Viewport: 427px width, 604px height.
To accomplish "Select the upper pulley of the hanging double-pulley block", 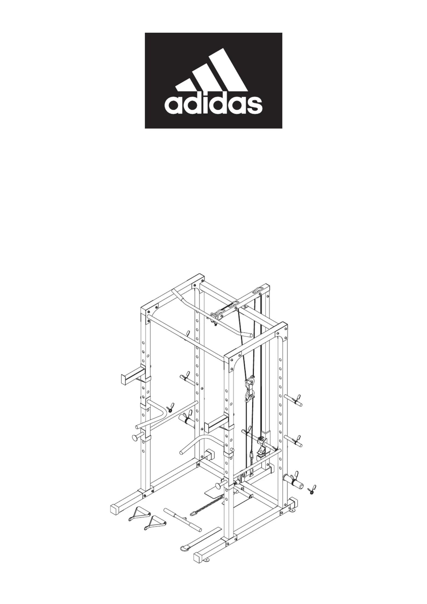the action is pos(249,382).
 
